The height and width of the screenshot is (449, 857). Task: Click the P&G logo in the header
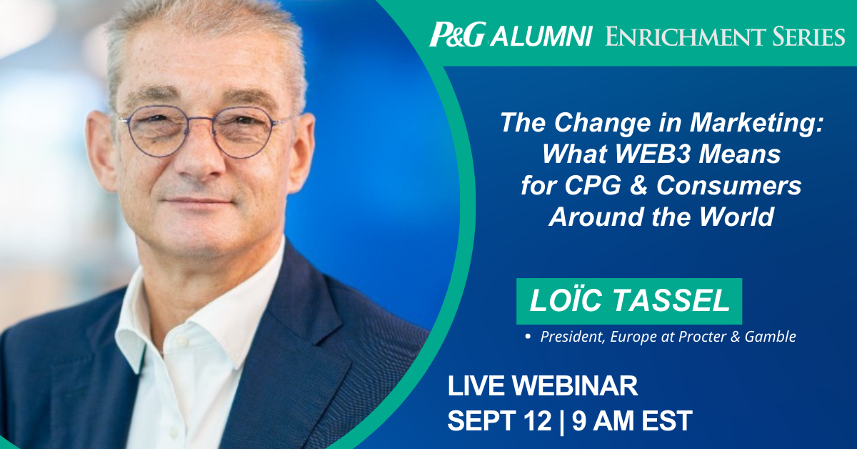click(458, 35)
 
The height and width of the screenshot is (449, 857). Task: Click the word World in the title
click(737, 217)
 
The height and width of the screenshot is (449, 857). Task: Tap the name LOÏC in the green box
click(567, 300)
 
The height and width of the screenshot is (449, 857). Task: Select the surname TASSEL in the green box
click(673, 300)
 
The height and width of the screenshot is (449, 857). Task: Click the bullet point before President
click(528, 337)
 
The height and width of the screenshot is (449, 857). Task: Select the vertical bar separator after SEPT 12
click(561, 421)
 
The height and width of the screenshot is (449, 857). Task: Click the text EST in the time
click(667, 420)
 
